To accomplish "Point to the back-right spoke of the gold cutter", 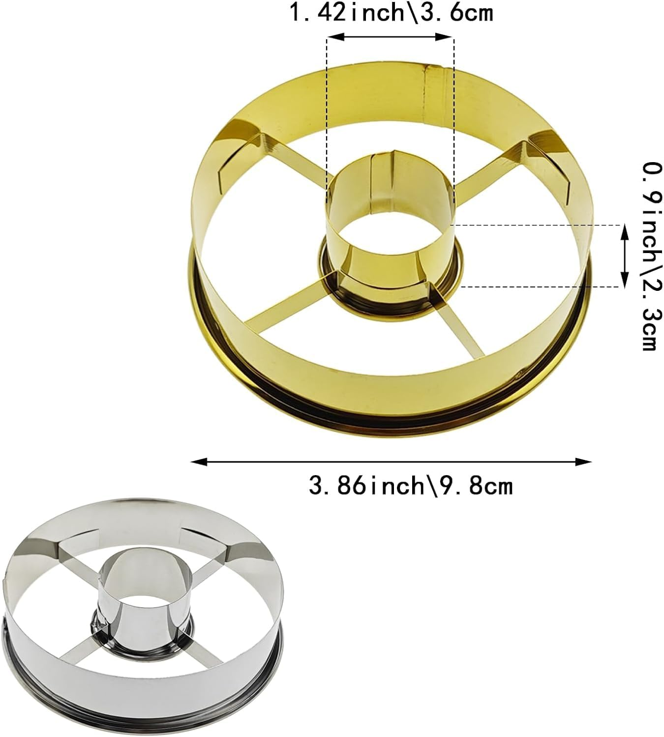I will pyautogui.click(x=492, y=162).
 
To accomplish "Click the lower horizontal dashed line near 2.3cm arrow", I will pyautogui.click(x=541, y=286).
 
